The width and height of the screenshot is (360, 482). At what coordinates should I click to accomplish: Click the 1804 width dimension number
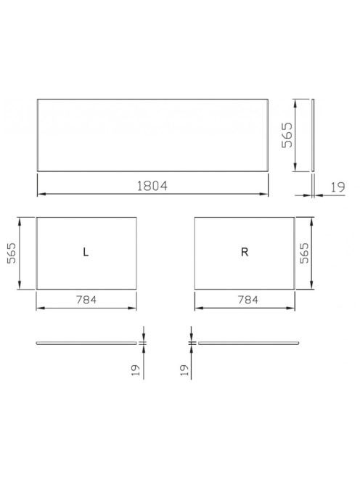(x=152, y=186)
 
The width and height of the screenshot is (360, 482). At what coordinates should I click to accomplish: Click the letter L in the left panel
(x=86, y=252)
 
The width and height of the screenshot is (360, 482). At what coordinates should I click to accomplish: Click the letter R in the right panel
(x=245, y=252)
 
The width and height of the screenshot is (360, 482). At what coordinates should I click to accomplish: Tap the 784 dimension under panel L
(x=86, y=299)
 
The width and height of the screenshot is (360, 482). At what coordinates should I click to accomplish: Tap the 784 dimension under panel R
(x=248, y=299)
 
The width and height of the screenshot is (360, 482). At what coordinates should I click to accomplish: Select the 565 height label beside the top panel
(x=287, y=135)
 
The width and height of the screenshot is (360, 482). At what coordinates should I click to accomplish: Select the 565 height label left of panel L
(x=12, y=253)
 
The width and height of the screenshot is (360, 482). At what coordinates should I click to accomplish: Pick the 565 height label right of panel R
(x=304, y=253)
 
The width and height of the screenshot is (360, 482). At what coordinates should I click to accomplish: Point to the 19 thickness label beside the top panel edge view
(x=338, y=187)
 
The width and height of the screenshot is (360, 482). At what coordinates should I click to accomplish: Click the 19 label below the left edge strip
(x=136, y=370)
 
